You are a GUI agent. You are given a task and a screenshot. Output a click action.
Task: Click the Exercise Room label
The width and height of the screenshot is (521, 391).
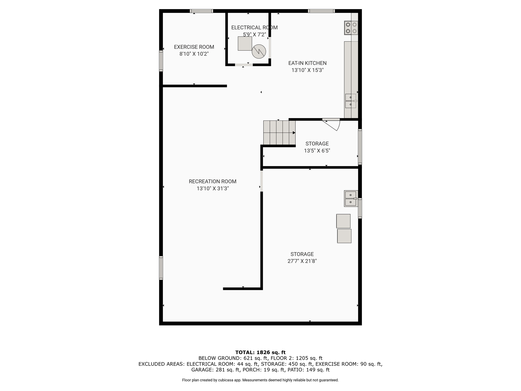point(194,47)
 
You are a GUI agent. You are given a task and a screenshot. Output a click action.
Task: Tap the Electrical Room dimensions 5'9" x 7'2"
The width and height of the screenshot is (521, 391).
point(254,34)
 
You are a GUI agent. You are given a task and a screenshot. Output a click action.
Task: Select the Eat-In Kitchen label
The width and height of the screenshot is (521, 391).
point(307,63)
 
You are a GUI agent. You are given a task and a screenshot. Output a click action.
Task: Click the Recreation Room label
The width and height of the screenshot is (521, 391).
point(213,181)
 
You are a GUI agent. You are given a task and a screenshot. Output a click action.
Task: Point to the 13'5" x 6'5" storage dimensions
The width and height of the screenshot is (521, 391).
point(317,151)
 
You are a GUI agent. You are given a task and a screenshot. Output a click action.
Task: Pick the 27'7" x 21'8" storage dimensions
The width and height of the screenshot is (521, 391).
point(302,261)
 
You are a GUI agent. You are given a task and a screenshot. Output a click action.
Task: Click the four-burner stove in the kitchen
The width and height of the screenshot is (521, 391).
point(351,28)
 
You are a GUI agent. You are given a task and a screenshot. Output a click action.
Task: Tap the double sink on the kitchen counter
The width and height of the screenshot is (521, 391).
point(351,101)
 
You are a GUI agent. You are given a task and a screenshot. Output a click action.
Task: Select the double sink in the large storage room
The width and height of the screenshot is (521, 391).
point(351,199)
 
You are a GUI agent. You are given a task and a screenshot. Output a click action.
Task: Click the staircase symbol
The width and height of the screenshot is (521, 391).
point(279,133)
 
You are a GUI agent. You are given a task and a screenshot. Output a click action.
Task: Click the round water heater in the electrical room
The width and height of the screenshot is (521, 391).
point(259,51)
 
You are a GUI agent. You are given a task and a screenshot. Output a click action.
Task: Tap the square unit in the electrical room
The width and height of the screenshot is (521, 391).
point(245,44)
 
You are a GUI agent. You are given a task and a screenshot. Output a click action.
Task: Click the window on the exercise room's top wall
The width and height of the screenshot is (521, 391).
point(201,11)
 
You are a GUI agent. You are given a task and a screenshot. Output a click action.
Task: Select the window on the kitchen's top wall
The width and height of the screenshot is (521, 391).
point(321,11)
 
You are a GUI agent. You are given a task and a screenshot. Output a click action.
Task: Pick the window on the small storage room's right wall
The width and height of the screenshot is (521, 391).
point(360,147)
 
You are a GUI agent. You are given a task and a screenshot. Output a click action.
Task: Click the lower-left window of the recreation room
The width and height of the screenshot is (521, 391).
point(161,268)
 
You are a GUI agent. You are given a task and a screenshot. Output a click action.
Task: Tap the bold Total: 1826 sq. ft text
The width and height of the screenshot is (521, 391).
point(260,353)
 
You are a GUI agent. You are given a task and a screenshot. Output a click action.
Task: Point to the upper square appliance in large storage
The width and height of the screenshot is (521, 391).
point(343,221)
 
